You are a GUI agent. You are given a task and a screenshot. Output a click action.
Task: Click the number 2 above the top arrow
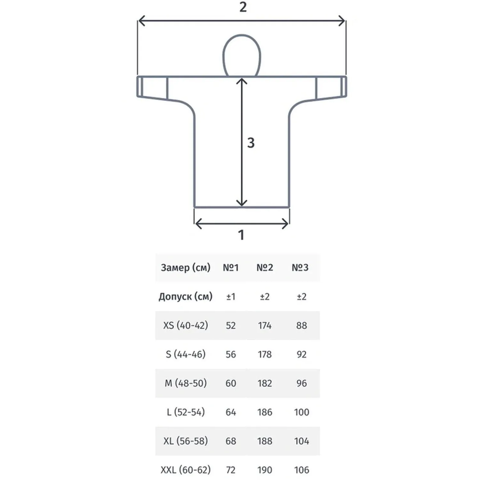(243, 7)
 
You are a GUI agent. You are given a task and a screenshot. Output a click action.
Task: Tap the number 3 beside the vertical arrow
(251, 143)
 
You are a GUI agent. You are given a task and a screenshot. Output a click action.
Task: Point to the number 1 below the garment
(241, 235)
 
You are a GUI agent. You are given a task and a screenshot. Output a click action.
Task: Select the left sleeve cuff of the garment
(152, 86)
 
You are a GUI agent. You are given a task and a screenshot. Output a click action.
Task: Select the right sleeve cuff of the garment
(331, 86)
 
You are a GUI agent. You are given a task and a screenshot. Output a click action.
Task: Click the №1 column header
(231, 268)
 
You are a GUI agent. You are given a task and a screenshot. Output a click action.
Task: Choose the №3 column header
(300, 268)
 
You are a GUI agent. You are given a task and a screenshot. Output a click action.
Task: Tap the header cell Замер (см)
(186, 268)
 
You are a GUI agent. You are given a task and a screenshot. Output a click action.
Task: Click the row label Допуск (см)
(186, 297)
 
